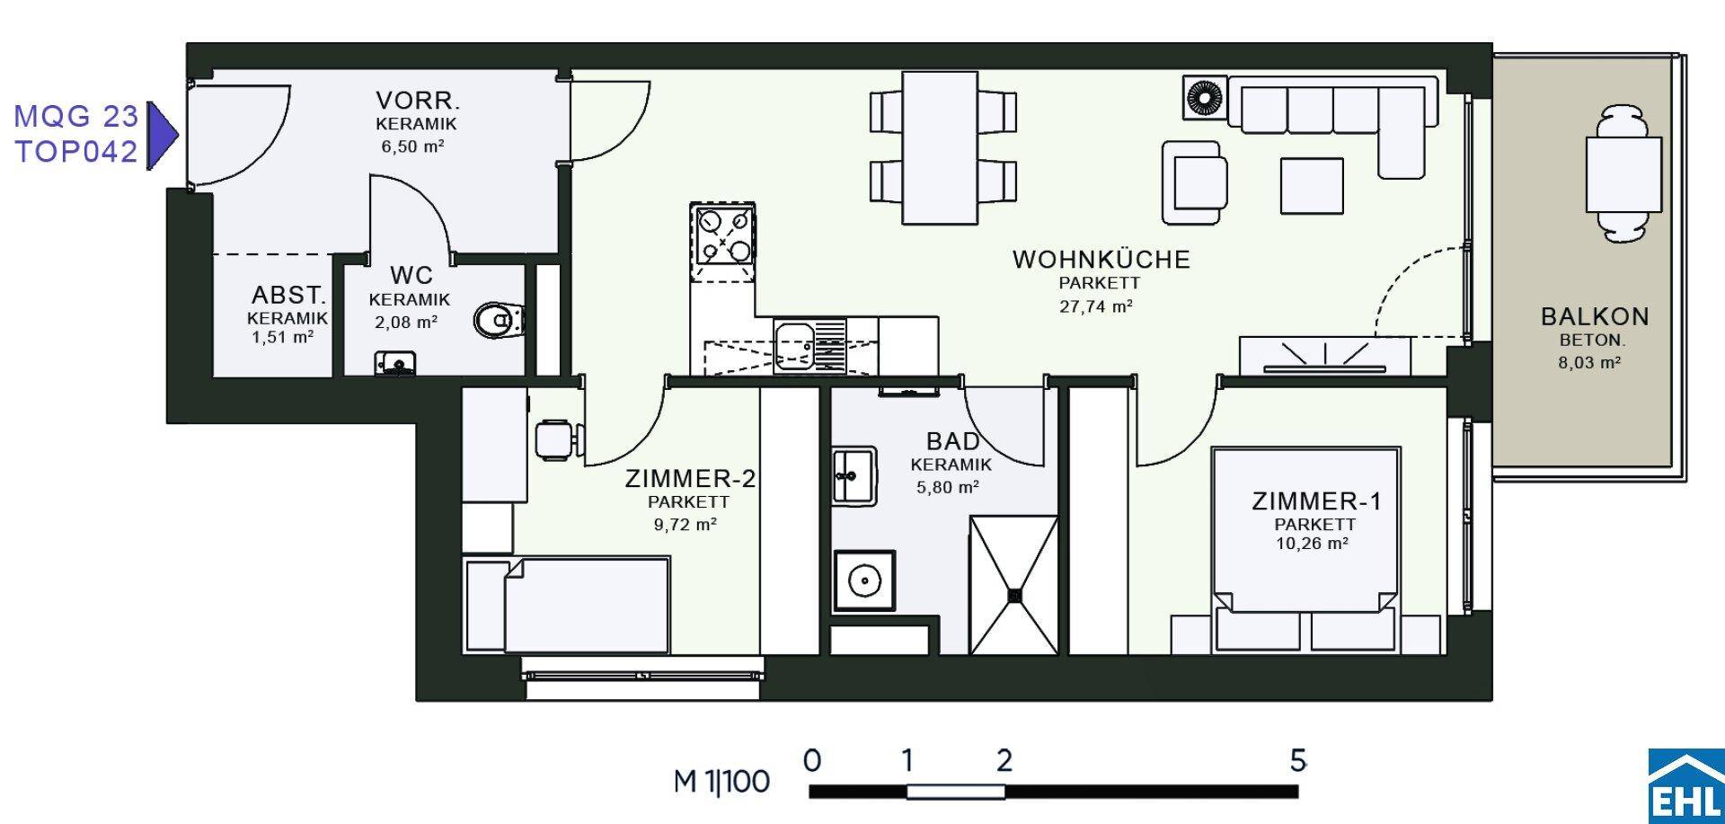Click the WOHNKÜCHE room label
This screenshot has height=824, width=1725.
(x=1101, y=260)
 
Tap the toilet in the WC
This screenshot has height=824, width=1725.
(x=498, y=320)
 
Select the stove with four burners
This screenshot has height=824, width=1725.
(x=721, y=235)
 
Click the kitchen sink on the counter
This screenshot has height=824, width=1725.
(x=795, y=346)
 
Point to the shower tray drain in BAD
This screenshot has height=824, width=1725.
(x=1014, y=595)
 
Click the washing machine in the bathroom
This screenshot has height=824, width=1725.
(x=864, y=580)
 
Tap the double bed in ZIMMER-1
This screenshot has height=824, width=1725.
(x=1305, y=549)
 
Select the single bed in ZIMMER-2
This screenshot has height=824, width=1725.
(x=567, y=605)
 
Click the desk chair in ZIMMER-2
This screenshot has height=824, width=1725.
(x=560, y=440)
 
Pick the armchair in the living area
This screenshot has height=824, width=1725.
(x=1194, y=182)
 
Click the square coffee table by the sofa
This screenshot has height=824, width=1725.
(x=1312, y=186)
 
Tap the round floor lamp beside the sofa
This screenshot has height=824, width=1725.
(x=1205, y=96)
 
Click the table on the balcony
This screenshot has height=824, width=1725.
(x=1623, y=174)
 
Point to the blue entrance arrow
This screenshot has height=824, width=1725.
(x=162, y=135)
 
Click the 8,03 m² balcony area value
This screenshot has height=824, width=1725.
(x=1589, y=363)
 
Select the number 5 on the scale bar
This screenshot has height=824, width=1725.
(x=1297, y=761)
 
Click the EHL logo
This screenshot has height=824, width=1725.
(x=1686, y=785)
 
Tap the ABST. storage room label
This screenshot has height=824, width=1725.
(x=288, y=295)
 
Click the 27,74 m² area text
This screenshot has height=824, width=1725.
(x=1096, y=306)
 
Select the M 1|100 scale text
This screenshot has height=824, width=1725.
(x=721, y=781)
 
